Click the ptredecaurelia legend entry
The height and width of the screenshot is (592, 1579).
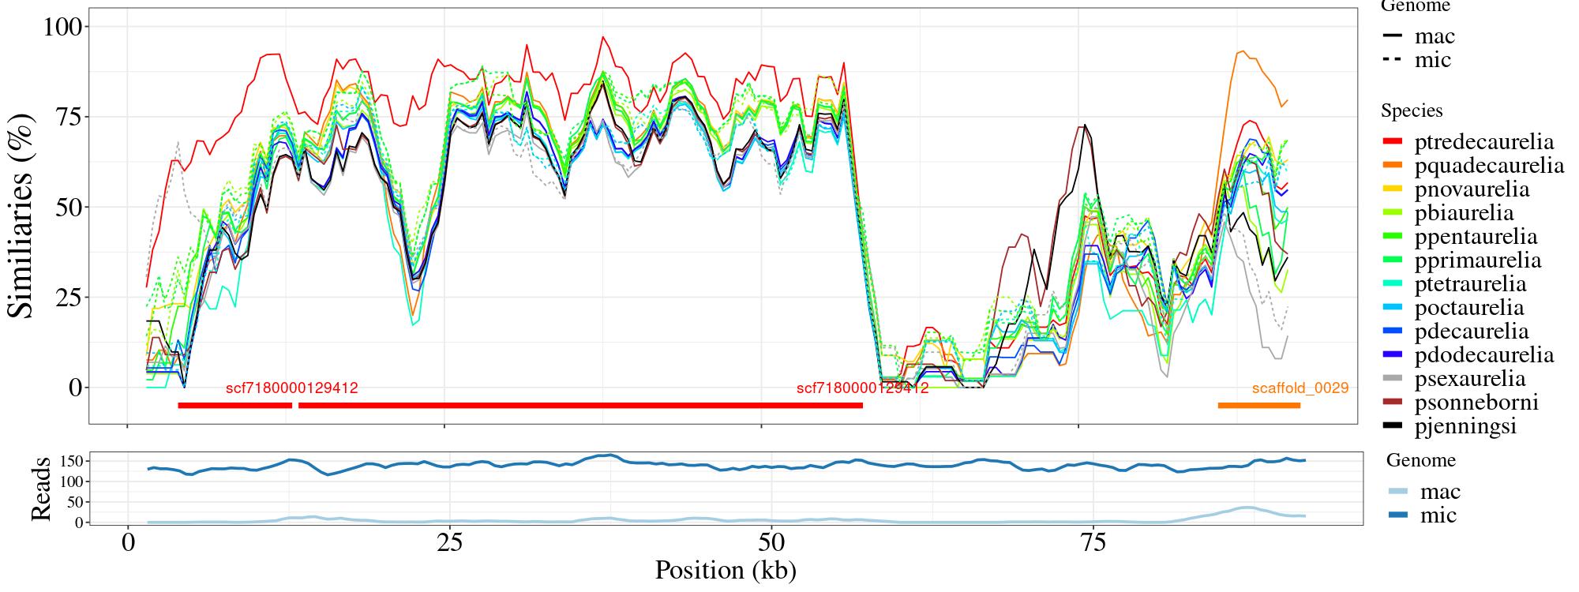[x=1483, y=142]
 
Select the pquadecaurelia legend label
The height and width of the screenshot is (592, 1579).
[x=1489, y=166]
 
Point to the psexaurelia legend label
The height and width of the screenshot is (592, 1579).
[x=1470, y=379]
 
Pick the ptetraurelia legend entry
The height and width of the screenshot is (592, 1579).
[x=1470, y=284]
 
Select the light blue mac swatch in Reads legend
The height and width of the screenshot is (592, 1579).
[x=1397, y=492]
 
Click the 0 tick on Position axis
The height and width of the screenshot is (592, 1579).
[x=127, y=544]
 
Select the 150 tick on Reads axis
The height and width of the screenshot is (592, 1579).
[x=72, y=460]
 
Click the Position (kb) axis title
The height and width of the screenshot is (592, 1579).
[x=725, y=570]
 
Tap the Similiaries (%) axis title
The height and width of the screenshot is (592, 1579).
[x=21, y=215]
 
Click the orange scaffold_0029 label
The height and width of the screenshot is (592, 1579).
[x=1300, y=388]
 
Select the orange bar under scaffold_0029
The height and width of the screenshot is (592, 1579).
[x=1258, y=406]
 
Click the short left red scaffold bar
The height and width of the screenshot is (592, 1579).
[x=234, y=406]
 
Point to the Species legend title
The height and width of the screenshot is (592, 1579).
[x=1412, y=111]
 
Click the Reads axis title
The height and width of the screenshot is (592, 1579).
[x=41, y=489]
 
